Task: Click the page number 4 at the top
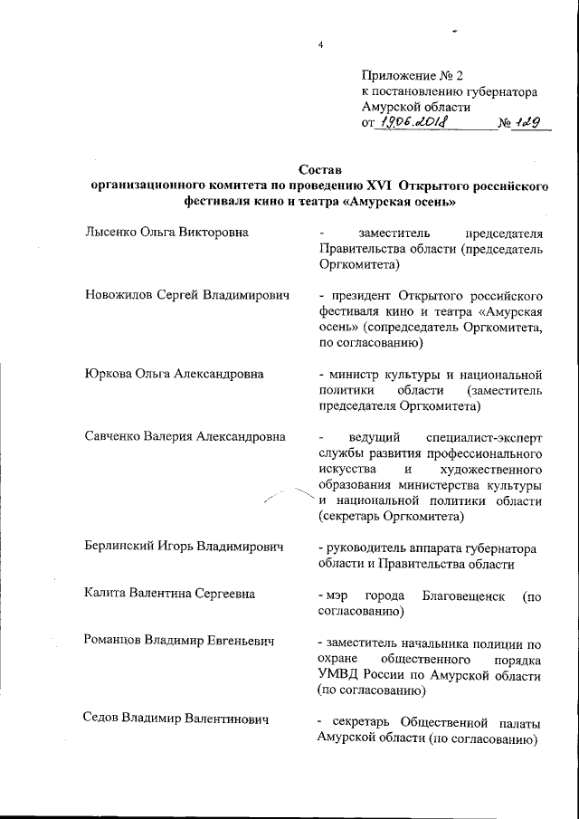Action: click(x=320, y=45)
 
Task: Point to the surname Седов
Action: click(x=102, y=723)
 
